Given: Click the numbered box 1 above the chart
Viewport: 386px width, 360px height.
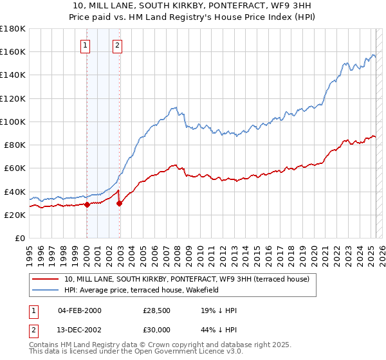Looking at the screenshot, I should (86, 45).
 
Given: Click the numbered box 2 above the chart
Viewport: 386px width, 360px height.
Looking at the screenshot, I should (118, 45).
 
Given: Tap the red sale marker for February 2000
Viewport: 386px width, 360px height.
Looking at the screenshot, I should (87, 204).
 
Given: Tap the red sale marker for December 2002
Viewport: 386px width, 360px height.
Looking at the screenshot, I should (119, 203).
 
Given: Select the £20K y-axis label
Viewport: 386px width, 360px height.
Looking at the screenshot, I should (15, 215).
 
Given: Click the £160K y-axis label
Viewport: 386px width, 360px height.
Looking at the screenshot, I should (13, 51).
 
